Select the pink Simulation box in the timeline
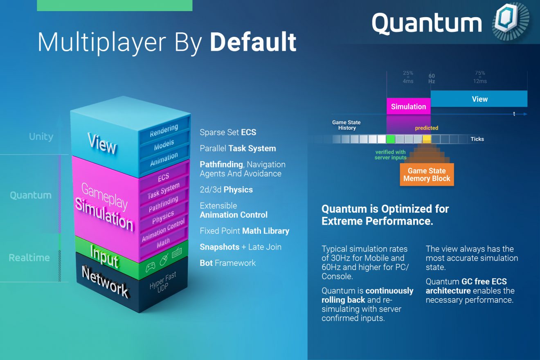[408, 106]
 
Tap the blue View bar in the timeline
[479, 99]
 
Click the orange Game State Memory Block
[427, 175]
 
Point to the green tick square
[391, 139]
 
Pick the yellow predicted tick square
[427, 139]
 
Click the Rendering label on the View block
[164, 130]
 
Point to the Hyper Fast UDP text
[163, 282]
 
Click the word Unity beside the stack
[41, 137]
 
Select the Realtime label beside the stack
[29, 258]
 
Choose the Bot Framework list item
[227, 263]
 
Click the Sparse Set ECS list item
[227, 132]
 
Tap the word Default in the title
[253, 42]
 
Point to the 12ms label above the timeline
[480, 81]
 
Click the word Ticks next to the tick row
[477, 139]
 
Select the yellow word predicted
[426, 128]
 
